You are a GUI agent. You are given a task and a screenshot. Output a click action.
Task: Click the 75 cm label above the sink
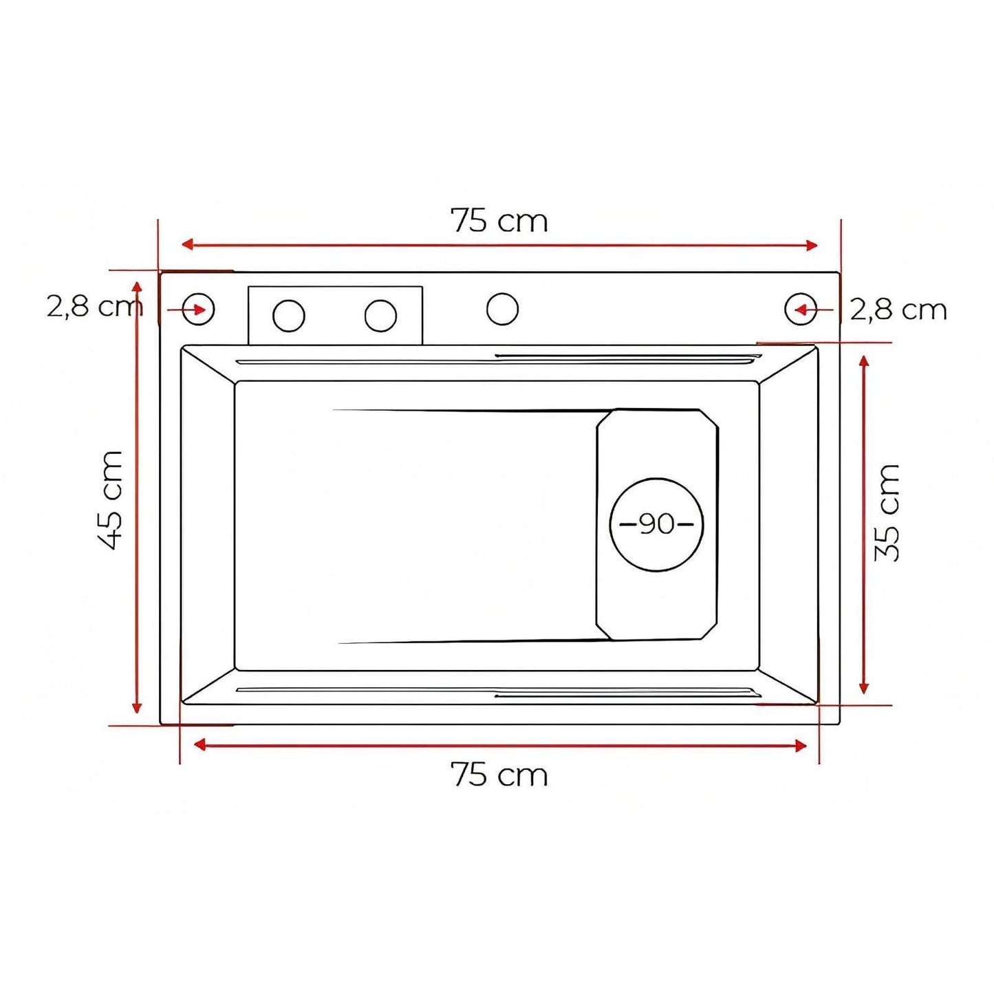499,222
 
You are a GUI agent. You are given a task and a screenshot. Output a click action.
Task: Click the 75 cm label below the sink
499,775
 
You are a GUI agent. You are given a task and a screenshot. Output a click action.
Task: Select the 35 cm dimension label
887,512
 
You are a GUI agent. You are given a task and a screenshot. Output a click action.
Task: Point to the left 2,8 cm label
94,306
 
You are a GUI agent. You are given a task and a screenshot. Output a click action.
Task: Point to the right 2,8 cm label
898,310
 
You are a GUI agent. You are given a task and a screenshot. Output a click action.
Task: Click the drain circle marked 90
657,524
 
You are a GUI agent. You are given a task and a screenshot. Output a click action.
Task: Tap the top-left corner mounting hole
199,309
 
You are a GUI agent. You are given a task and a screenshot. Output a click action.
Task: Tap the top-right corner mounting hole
801,310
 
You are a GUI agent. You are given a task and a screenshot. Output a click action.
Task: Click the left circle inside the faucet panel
288,316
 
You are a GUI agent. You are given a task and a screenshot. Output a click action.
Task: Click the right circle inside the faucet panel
380,316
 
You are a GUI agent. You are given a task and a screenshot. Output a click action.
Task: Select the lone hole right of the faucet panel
502,309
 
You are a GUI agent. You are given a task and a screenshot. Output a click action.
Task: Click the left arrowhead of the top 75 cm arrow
186,244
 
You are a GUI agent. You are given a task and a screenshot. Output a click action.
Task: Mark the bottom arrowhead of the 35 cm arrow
865,687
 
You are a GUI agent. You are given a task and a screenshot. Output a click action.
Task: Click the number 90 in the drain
657,524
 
